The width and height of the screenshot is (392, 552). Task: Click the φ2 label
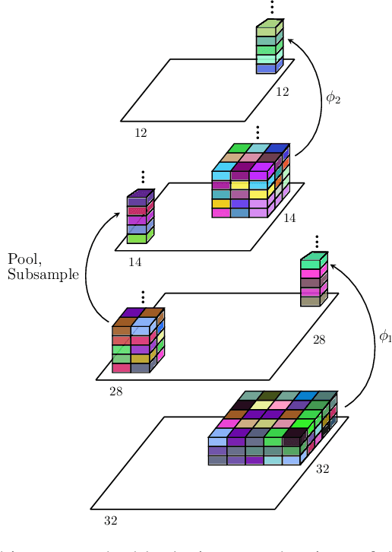334,97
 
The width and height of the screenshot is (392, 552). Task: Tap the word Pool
24,259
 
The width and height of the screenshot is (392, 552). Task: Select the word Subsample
43,274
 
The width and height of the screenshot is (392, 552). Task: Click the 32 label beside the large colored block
322,469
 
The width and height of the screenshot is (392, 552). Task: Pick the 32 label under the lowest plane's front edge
110,522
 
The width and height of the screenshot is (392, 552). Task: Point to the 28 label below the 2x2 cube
115,392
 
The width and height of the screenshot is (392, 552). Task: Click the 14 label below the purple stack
134,262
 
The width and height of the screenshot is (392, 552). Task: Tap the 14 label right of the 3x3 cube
289,218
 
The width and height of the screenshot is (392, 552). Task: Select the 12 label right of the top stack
282,92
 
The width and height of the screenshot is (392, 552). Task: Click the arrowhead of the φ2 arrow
290,42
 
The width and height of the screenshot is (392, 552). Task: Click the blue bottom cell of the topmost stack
266,69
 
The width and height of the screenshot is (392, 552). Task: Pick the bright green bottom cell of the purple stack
136,239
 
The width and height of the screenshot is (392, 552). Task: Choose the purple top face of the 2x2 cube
133,312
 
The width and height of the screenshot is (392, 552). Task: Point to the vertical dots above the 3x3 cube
258,132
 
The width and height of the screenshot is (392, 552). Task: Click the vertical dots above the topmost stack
271,8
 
